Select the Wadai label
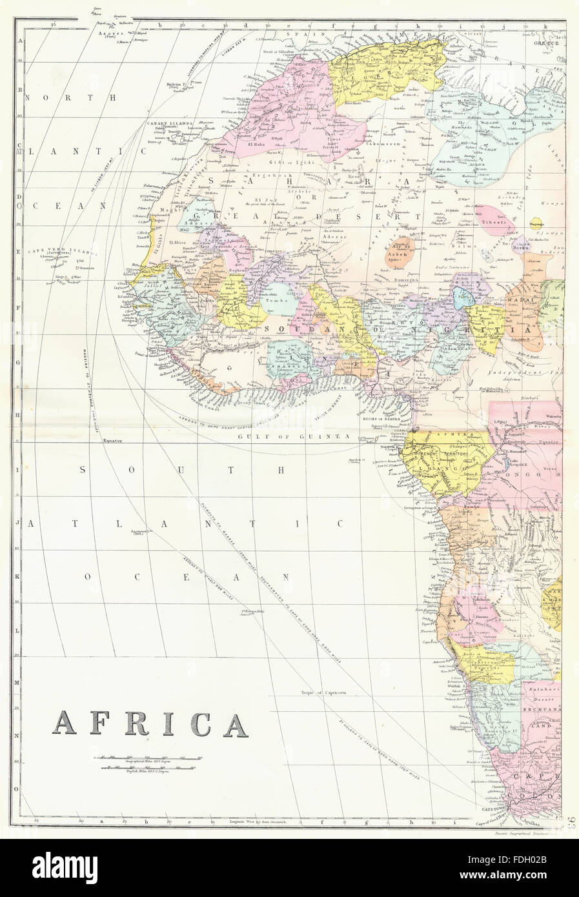coord(520,300)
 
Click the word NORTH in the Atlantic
coord(71,98)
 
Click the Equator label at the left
coord(112,441)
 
